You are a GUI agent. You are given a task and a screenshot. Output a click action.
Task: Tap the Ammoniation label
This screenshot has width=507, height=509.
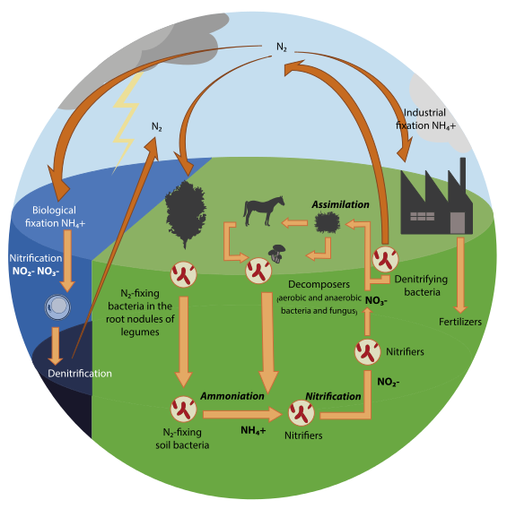[232, 394]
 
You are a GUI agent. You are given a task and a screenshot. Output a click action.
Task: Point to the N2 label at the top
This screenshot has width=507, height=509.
[282, 45]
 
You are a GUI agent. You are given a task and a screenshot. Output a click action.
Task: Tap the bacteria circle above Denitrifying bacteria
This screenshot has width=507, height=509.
[386, 259]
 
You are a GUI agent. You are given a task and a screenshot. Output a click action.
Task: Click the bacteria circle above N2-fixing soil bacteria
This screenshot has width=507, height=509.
[182, 411]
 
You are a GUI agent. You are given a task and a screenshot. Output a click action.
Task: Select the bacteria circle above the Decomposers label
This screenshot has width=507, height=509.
[258, 269]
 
